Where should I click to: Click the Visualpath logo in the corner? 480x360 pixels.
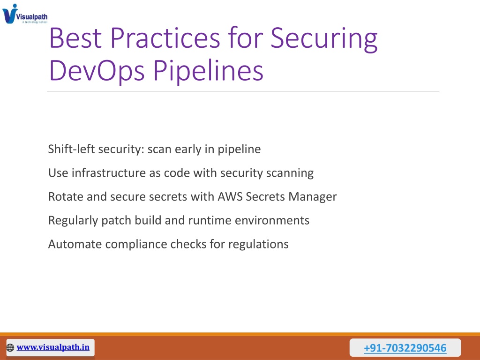[x=25, y=14]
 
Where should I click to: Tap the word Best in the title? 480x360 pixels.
[x=75, y=38]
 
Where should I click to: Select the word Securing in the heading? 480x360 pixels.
[x=324, y=39]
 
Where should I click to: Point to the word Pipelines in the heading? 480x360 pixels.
[x=208, y=71]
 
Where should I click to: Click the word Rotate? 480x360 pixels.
[x=66, y=196]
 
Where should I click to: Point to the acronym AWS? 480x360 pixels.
[x=230, y=196]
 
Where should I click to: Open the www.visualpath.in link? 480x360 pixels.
[x=53, y=347]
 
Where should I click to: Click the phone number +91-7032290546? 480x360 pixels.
[x=405, y=348]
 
